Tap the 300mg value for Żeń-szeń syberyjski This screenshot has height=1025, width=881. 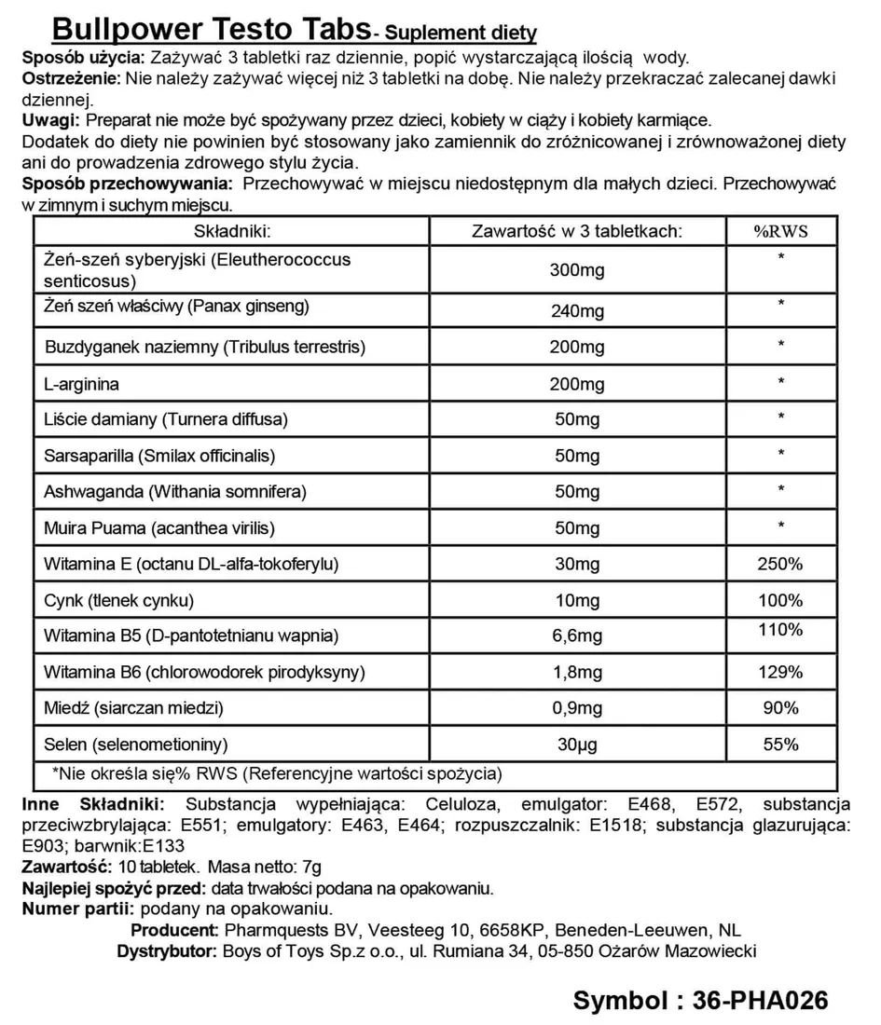578,270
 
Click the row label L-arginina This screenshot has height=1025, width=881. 82,383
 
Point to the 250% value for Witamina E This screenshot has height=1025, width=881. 780,564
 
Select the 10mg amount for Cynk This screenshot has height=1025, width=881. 578,600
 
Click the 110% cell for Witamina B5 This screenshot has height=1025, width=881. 780,630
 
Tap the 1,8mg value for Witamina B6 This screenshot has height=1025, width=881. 578,673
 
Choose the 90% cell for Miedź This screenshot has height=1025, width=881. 780,707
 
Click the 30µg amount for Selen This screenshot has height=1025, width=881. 578,745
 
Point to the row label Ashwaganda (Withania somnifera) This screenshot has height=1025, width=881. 175,491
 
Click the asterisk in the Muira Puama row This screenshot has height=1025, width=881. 780,526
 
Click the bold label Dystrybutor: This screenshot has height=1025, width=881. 165,951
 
